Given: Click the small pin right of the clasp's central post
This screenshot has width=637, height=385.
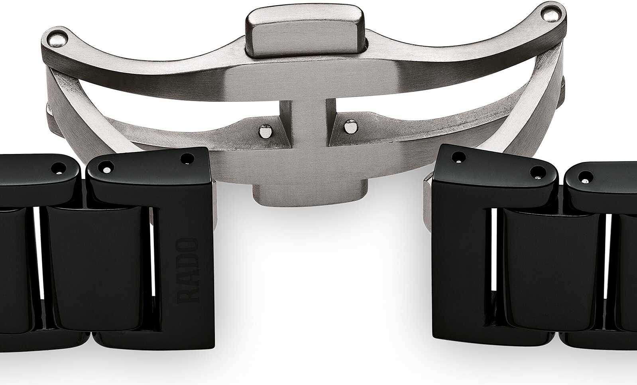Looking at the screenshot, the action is pyautogui.click(x=350, y=125).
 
